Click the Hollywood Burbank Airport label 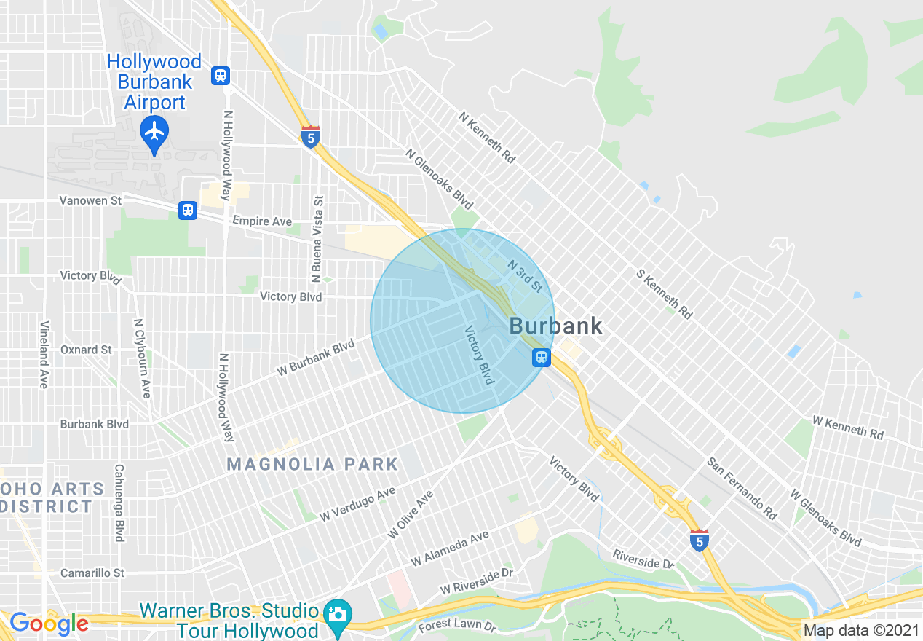click(x=154, y=82)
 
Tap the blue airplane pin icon click(x=154, y=133)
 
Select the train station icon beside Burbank click(x=541, y=357)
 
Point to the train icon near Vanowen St click(x=188, y=210)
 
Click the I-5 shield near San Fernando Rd click(x=699, y=540)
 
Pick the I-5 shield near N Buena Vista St click(x=310, y=136)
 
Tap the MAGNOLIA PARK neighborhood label click(x=312, y=464)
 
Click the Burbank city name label click(x=556, y=326)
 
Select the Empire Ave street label click(x=262, y=221)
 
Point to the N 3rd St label click(x=525, y=276)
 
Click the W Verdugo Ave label click(x=357, y=503)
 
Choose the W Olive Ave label click(x=410, y=514)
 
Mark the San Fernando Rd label click(x=742, y=488)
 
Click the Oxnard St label click(x=86, y=350)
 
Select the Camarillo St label click(x=92, y=573)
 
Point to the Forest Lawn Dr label click(x=456, y=626)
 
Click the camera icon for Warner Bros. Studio click(x=336, y=614)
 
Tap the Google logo click(x=49, y=624)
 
